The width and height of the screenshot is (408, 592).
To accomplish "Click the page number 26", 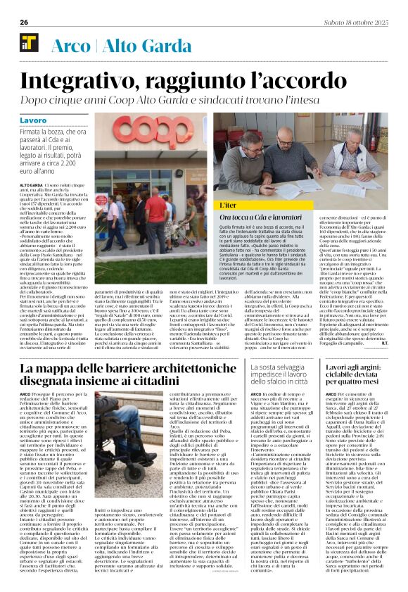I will [x=23, y=23].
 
